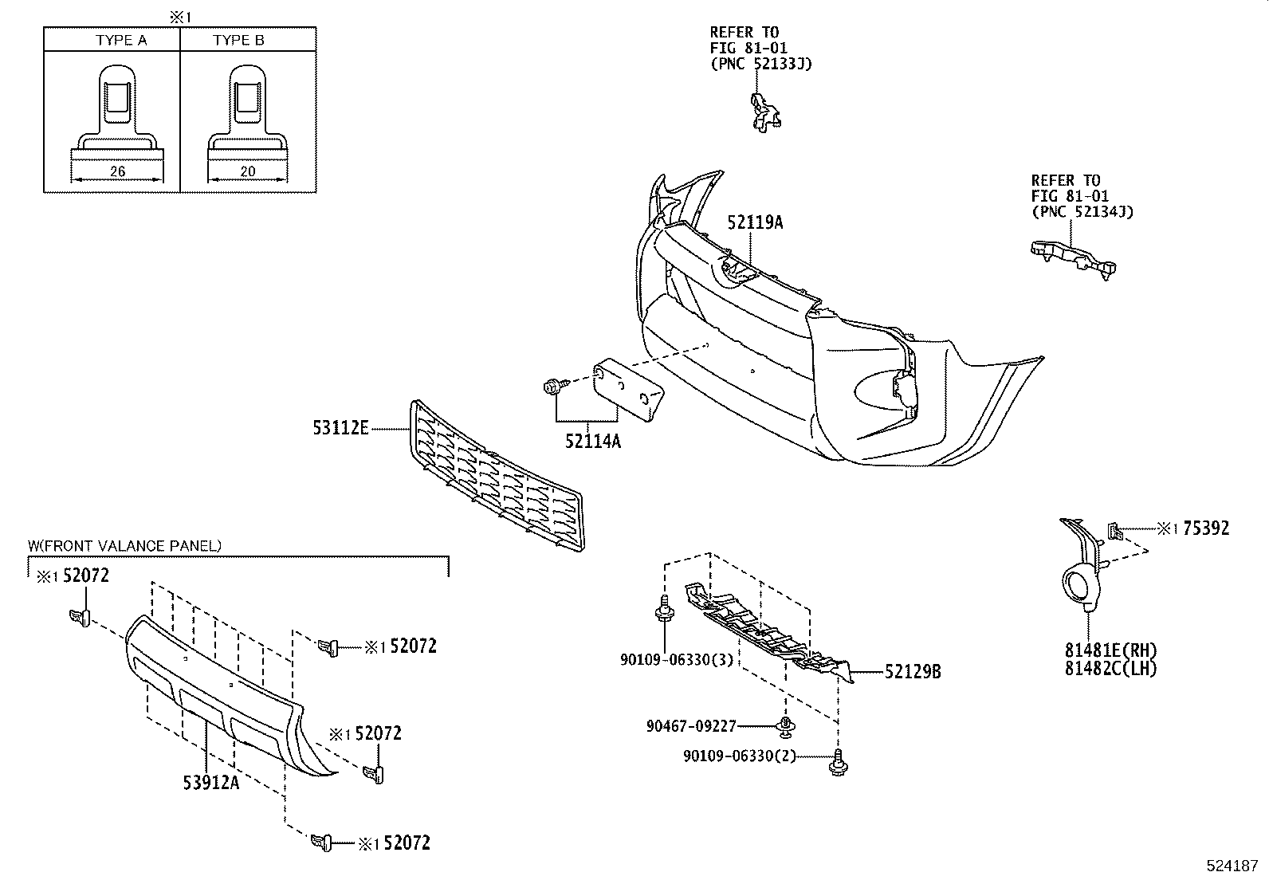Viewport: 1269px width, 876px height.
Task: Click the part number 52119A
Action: (754, 223)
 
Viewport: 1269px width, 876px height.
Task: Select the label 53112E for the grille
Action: (340, 429)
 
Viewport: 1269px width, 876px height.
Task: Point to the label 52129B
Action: (913, 673)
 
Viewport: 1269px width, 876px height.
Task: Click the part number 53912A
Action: (210, 782)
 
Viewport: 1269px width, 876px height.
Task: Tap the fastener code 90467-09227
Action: (691, 726)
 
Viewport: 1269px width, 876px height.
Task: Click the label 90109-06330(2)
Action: (740, 756)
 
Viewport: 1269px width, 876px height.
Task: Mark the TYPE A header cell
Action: (121, 40)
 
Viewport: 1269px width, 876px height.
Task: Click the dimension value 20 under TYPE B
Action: (246, 171)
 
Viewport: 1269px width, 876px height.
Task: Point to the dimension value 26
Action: (117, 171)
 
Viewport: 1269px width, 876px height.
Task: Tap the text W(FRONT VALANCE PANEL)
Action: (125, 546)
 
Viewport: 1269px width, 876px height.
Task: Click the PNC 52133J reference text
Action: (760, 64)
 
